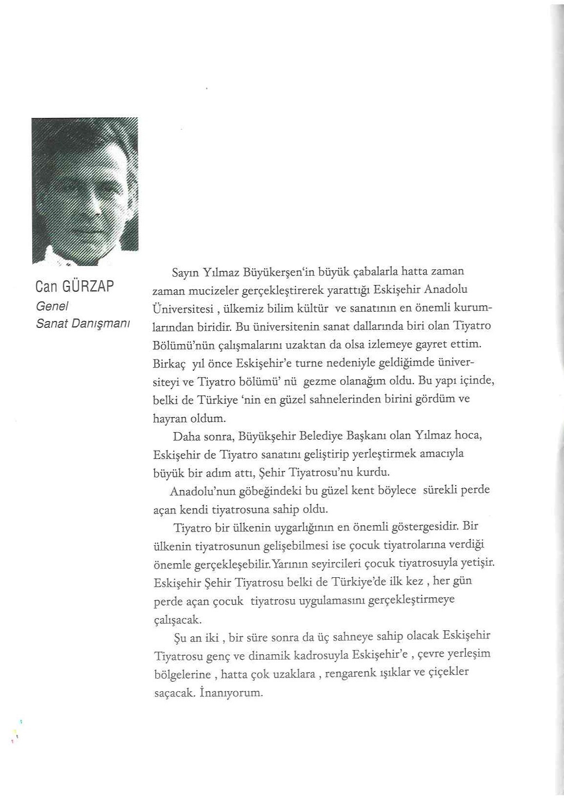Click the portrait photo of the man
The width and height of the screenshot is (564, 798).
pyautogui.click(x=85, y=191)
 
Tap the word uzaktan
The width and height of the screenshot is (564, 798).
pyautogui.click(x=297, y=345)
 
